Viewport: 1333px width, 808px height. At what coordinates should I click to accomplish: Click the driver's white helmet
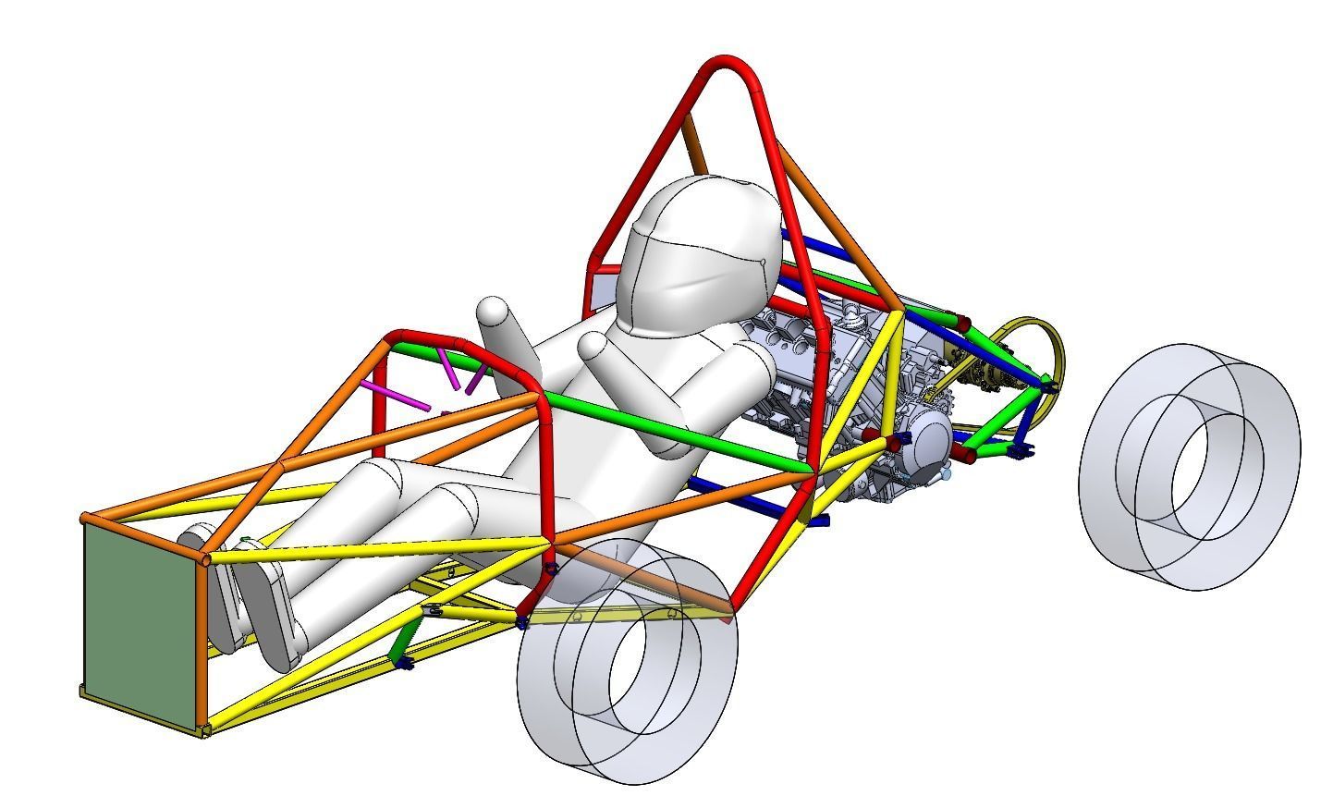tap(703, 250)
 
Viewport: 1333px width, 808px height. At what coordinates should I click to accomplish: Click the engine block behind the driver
tap(813, 370)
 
